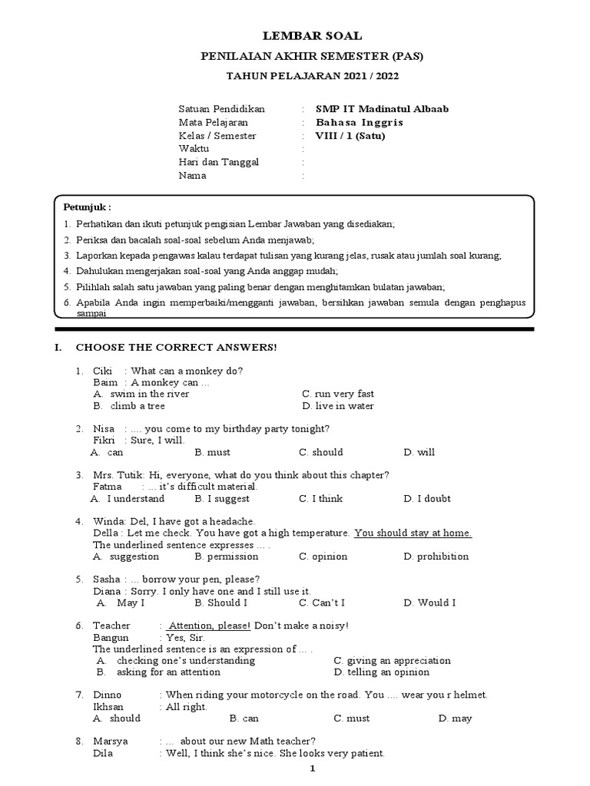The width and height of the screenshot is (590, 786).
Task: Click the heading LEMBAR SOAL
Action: coord(312,36)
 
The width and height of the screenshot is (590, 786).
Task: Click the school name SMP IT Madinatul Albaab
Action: coord(383,109)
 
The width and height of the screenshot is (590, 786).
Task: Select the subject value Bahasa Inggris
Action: coord(360,123)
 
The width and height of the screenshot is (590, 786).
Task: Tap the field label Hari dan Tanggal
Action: coord(219,162)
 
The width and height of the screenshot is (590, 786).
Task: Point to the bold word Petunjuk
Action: coord(86,207)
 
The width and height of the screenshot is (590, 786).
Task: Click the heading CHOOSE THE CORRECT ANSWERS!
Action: coord(176,348)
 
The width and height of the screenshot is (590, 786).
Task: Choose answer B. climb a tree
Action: coord(129,406)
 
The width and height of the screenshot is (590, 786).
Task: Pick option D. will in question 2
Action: coord(419,452)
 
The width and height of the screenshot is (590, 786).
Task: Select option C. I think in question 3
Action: coord(321,499)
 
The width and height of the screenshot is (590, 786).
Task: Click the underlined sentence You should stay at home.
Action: coord(413,533)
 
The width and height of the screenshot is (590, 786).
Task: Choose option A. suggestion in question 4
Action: coord(126,556)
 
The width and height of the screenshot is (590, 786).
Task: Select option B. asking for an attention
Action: coord(158,672)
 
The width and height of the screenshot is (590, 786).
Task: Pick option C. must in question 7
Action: coord(352,719)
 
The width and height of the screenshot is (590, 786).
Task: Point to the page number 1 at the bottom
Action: coord(312,769)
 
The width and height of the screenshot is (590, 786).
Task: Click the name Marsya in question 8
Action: coord(111,741)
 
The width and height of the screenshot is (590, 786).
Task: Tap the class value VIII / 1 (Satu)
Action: coord(350,136)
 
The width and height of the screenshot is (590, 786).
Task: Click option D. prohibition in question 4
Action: coord(436,556)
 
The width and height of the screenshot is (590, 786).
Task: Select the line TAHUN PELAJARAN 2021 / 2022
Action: coord(312,76)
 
